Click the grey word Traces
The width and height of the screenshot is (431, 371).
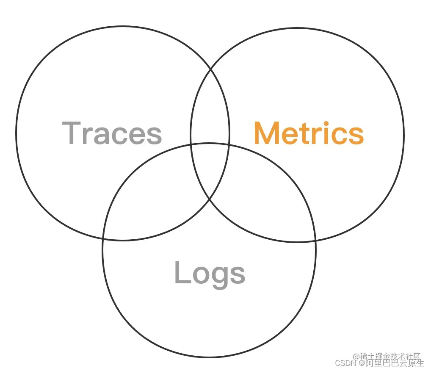(x=112, y=133)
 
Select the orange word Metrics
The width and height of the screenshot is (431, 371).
(x=309, y=133)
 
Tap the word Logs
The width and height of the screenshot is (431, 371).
(x=210, y=273)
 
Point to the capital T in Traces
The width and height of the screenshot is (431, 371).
(x=72, y=133)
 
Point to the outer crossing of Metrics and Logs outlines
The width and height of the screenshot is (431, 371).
(x=315, y=240)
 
